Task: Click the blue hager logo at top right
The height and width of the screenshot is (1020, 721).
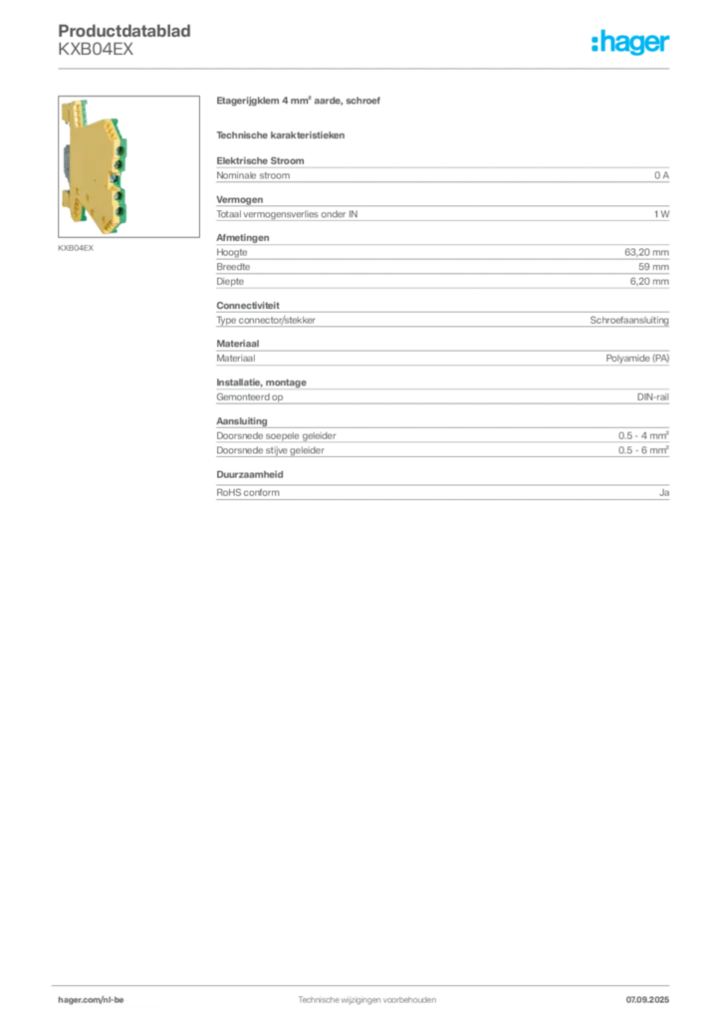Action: pyautogui.click(x=631, y=43)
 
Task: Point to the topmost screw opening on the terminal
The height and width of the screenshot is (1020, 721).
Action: pyautogui.click(x=119, y=149)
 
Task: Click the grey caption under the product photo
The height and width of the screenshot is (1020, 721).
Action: pyautogui.click(x=75, y=248)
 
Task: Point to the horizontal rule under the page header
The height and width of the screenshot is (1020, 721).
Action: pyautogui.click(x=365, y=68)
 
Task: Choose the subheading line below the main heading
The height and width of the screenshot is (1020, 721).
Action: pyautogui.click(x=283, y=133)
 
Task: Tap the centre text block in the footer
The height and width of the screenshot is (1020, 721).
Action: pyautogui.click(x=366, y=997)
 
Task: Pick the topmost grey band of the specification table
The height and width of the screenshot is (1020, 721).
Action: pyautogui.click(x=442, y=174)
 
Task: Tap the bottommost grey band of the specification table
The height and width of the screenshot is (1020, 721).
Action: pyautogui.click(x=442, y=490)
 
